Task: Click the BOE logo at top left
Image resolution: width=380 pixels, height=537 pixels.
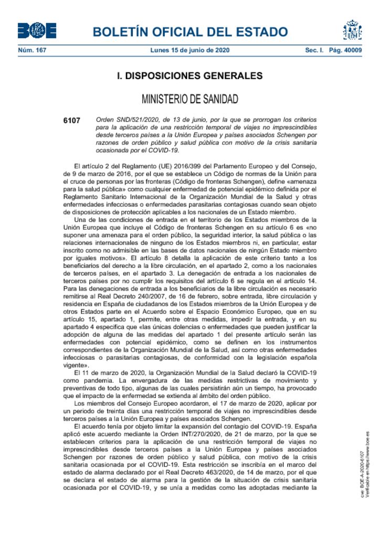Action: pyautogui.click(x=37, y=31)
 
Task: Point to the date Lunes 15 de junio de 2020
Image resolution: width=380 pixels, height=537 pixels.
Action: pyautogui.click(x=189, y=50)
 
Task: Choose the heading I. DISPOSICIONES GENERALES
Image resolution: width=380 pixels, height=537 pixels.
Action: pyautogui.click(x=189, y=76)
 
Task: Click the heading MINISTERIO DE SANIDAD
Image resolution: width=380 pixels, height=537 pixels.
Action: pyautogui.click(x=189, y=99)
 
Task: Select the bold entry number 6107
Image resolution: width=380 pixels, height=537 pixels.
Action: pyautogui.click(x=71, y=120)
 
